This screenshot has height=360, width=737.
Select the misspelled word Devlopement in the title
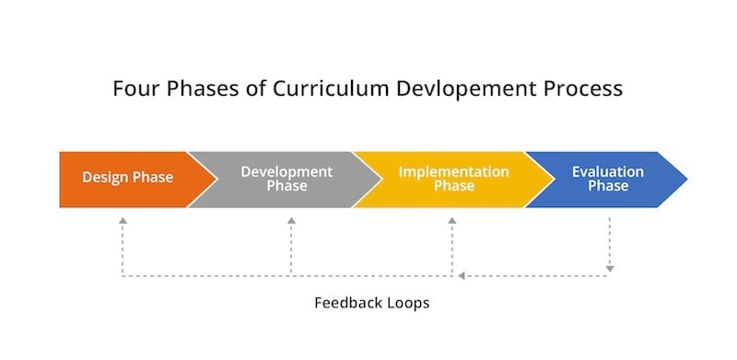point(429,89)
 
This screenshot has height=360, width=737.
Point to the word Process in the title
point(583,89)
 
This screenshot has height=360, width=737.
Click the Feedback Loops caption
point(371,302)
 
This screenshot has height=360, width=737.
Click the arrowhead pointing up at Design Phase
point(123,221)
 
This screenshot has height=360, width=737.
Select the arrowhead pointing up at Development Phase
point(291,221)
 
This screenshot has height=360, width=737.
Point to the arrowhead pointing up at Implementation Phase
point(452,221)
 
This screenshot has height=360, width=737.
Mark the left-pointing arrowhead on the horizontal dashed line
point(462,275)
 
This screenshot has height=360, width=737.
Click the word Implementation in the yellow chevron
point(453,172)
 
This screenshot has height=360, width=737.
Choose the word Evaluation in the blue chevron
point(608,172)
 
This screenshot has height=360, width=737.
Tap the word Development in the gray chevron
point(287,172)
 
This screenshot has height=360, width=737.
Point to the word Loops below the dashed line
point(408,302)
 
